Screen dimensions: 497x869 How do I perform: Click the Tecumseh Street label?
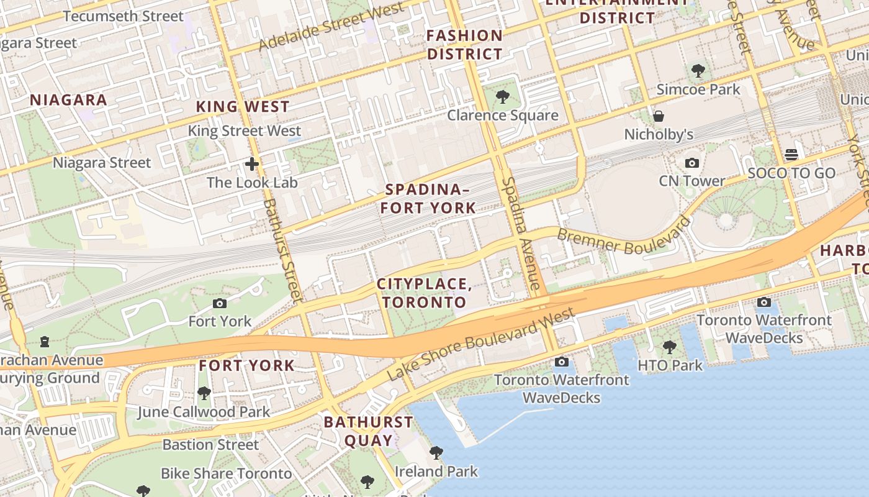point(123,16)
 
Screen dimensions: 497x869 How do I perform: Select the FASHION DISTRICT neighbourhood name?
point(464,45)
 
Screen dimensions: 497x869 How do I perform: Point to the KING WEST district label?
point(243,107)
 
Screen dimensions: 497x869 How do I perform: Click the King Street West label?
point(244,131)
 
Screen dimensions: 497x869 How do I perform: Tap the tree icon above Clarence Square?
point(503,97)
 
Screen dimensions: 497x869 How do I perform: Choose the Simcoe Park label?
point(698,89)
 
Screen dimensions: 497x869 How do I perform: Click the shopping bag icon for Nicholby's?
point(659,116)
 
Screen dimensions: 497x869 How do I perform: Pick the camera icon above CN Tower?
point(692,163)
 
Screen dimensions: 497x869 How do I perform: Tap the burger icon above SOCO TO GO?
point(791,153)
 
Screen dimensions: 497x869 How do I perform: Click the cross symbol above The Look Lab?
point(252,164)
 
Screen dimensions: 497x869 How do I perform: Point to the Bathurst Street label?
point(282,250)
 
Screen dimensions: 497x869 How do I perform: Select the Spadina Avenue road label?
point(520,234)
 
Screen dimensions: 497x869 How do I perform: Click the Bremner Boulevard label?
point(623,235)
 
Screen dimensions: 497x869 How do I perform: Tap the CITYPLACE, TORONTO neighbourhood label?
point(425,293)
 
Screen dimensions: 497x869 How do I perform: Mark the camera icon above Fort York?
point(220,303)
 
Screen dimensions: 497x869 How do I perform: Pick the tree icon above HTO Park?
point(669,347)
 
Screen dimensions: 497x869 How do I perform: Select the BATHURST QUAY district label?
point(368,431)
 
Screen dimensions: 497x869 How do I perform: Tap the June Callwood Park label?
point(204,412)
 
